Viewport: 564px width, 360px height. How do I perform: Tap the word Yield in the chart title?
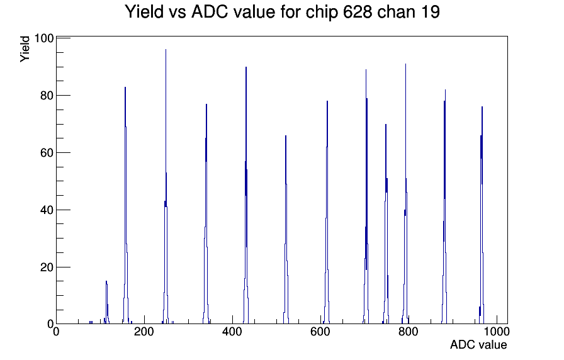[144, 12]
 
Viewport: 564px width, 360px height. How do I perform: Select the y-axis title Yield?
[25, 49]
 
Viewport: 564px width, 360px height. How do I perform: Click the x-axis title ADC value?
[478, 344]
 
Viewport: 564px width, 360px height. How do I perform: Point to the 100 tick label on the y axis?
[44, 38]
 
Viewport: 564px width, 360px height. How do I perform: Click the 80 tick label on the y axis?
[47, 95]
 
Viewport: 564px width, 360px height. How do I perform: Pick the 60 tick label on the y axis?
[47, 152]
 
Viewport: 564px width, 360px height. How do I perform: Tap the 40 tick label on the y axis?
[47, 210]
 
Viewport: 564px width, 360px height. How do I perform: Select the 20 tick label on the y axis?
[47, 267]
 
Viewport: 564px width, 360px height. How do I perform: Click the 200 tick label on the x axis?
[144, 331]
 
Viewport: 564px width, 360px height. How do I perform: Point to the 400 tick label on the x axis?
[232, 331]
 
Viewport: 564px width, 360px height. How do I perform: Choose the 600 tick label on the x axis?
[320, 331]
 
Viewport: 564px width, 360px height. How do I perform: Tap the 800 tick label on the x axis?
[409, 331]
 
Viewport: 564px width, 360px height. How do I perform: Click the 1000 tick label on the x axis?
[497, 331]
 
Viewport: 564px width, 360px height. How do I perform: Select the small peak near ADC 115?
[106, 302]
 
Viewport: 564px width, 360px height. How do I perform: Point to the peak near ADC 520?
[286, 230]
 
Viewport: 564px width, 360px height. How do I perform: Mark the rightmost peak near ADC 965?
[482, 216]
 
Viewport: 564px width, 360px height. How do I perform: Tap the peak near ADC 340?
[206, 216]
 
